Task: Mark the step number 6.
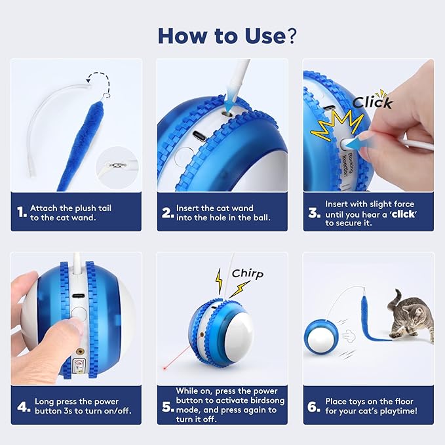[x=313, y=406]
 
